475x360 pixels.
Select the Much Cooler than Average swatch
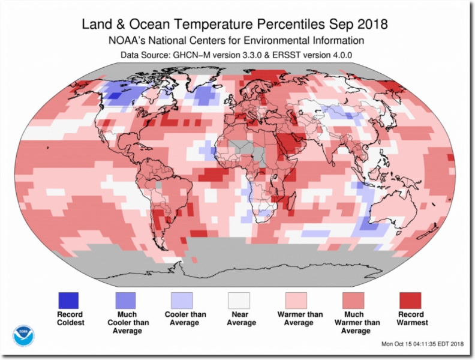coord(125,299)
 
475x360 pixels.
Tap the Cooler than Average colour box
coord(182,299)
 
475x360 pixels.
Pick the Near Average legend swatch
coord(239,299)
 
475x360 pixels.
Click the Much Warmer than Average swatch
coord(354,299)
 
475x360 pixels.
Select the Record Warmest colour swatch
coord(411,299)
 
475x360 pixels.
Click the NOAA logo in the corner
coord(24,335)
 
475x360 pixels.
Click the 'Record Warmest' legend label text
coord(411,318)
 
